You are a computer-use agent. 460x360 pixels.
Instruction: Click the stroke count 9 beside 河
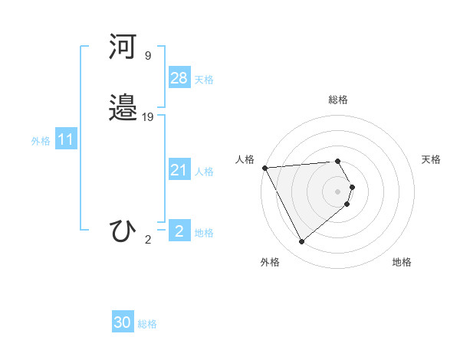(148, 56)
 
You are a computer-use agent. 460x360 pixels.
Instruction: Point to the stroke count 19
(149, 116)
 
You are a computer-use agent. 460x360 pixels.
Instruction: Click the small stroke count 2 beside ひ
(148, 240)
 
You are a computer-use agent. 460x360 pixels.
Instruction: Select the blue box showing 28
(179, 78)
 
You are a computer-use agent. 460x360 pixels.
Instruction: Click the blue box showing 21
(179, 170)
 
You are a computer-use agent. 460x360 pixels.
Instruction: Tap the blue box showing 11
(66, 140)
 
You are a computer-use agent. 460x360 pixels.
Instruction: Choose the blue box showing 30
(123, 322)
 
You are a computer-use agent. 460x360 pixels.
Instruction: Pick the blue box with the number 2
(179, 231)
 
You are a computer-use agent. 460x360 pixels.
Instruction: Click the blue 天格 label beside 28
(204, 80)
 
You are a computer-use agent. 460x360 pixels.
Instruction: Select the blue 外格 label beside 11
(41, 141)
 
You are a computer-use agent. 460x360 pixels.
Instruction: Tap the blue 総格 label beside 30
(147, 324)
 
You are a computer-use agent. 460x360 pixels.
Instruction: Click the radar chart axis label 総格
(338, 100)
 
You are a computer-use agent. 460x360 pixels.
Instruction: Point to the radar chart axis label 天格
(432, 159)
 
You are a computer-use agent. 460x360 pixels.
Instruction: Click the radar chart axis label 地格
(402, 262)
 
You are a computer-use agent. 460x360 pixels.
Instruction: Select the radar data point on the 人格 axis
(264, 168)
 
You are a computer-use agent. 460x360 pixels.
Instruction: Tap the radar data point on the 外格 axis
(301, 242)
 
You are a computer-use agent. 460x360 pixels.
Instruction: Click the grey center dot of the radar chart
(338, 191)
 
